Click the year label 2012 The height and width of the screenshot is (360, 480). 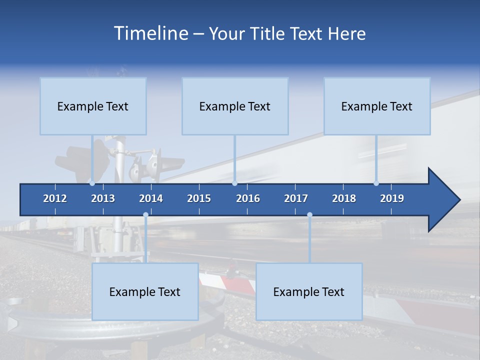click(x=55, y=198)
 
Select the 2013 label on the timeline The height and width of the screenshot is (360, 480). click(x=103, y=198)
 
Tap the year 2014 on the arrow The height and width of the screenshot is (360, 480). click(x=151, y=198)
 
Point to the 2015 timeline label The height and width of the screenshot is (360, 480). click(x=199, y=198)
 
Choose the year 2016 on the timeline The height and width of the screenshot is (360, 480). click(x=248, y=198)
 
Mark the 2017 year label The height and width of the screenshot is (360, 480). click(x=296, y=198)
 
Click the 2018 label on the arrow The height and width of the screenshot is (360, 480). click(x=344, y=198)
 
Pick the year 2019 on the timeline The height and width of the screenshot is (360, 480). click(x=392, y=198)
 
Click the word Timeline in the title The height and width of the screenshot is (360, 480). click(x=150, y=33)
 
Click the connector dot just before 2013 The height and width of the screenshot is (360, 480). click(x=92, y=183)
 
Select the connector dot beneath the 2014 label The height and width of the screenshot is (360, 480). click(x=145, y=215)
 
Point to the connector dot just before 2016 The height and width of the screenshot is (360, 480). click(x=234, y=183)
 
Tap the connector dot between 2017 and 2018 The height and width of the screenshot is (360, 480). click(x=309, y=215)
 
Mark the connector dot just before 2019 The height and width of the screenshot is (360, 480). click(x=376, y=183)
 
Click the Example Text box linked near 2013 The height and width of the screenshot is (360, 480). click(x=93, y=106)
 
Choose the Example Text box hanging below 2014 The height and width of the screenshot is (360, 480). click(x=145, y=292)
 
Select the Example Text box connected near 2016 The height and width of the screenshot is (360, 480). click(x=235, y=106)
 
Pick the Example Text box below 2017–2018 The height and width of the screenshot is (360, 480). click(x=309, y=292)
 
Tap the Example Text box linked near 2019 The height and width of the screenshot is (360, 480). click(x=377, y=106)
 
